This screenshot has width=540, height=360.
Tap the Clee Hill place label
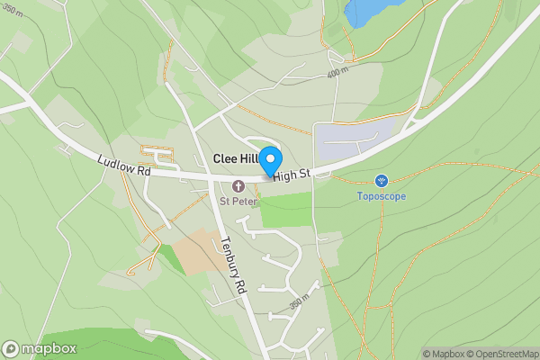coord(235,158)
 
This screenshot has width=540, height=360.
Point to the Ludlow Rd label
coord(123,165)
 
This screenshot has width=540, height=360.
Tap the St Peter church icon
coord(238,185)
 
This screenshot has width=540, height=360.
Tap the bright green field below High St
coord(286,210)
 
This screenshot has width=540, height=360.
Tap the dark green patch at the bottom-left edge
coord(99,346)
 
